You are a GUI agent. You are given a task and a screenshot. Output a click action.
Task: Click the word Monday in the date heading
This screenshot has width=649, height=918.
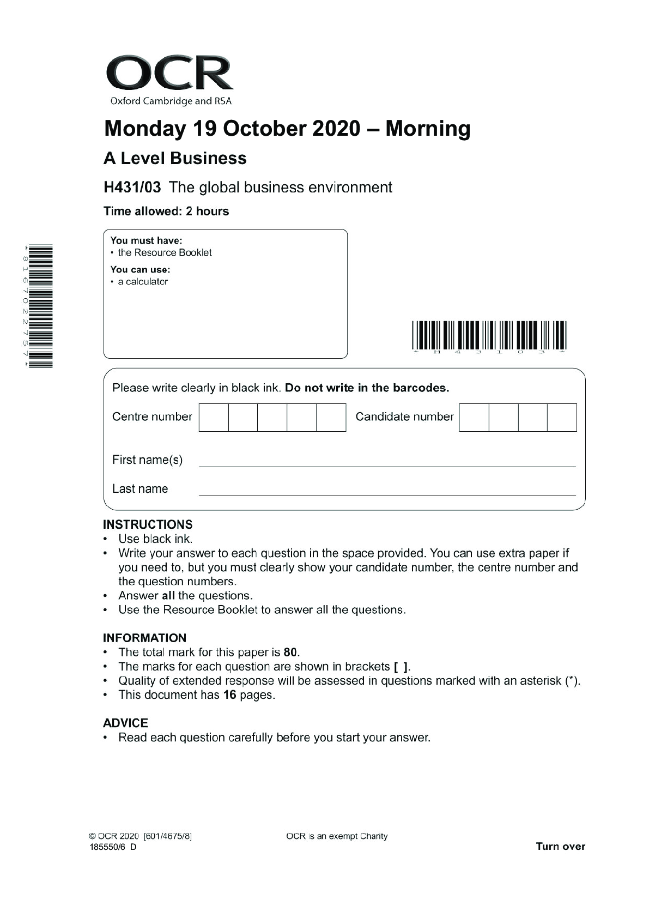click(144, 129)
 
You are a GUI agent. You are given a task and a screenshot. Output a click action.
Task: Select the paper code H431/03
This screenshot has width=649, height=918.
click(132, 188)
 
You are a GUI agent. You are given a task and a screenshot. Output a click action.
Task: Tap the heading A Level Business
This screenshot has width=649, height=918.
click(175, 159)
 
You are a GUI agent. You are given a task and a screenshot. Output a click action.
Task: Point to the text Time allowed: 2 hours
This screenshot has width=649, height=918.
click(166, 212)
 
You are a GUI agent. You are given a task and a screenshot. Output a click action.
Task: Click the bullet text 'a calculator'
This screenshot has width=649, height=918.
click(143, 282)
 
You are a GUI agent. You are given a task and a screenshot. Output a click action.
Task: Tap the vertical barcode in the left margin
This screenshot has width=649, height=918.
click(41, 306)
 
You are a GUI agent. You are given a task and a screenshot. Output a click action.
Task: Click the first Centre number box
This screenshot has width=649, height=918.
click(214, 418)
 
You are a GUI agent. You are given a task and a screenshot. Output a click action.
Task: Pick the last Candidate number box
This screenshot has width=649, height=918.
click(562, 418)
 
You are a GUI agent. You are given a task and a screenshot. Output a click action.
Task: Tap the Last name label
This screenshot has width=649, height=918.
click(140, 489)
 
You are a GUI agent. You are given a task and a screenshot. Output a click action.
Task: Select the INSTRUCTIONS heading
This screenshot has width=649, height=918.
click(148, 524)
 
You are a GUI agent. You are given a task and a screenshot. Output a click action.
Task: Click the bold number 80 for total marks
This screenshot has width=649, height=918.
click(290, 653)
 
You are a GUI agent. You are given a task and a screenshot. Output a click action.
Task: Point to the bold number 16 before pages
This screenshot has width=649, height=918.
click(229, 695)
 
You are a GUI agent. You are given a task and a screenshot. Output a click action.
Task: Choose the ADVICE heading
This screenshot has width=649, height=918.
click(125, 723)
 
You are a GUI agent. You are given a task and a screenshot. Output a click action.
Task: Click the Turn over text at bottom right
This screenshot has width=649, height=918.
click(560, 847)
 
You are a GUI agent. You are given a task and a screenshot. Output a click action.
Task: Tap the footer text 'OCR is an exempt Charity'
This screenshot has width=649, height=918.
click(337, 836)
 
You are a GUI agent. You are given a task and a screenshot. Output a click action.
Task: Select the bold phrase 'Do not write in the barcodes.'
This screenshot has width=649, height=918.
click(367, 388)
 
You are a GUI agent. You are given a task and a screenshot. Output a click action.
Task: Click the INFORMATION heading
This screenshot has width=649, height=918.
click(144, 638)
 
